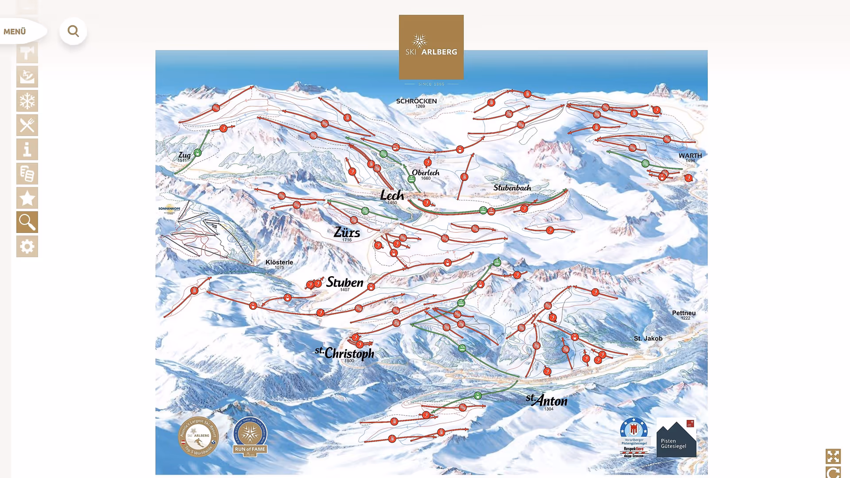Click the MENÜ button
coord(18,31)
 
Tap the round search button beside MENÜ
coord(73,31)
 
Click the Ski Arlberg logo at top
coord(431,47)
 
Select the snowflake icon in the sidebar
coord(27,101)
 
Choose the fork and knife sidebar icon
coord(27,125)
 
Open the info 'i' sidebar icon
coord(27,150)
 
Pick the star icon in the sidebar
coord(27,198)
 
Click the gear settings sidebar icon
coord(27,246)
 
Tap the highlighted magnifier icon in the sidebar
coord(27,222)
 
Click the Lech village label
coord(392,195)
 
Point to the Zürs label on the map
coord(347,232)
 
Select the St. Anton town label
coord(547,401)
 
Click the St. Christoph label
coord(345,354)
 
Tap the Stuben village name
coord(344,282)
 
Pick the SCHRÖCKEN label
coord(416,101)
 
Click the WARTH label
coord(690,156)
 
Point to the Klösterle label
coord(279,262)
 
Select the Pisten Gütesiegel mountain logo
coord(676,438)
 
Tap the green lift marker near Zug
coord(197,153)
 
